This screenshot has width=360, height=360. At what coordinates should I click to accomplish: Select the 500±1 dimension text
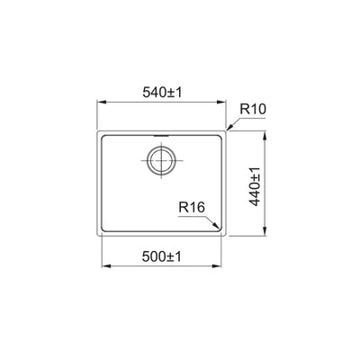pyautogui.click(x=161, y=256)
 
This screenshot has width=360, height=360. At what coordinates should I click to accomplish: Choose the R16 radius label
pyautogui.click(x=192, y=208)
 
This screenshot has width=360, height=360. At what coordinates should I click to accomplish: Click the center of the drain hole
pyautogui.click(x=161, y=163)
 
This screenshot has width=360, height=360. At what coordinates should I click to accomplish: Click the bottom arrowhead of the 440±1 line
pyautogui.click(x=265, y=234)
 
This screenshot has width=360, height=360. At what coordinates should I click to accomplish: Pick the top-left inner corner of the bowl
pyautogui.click(x=103, y=137)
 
